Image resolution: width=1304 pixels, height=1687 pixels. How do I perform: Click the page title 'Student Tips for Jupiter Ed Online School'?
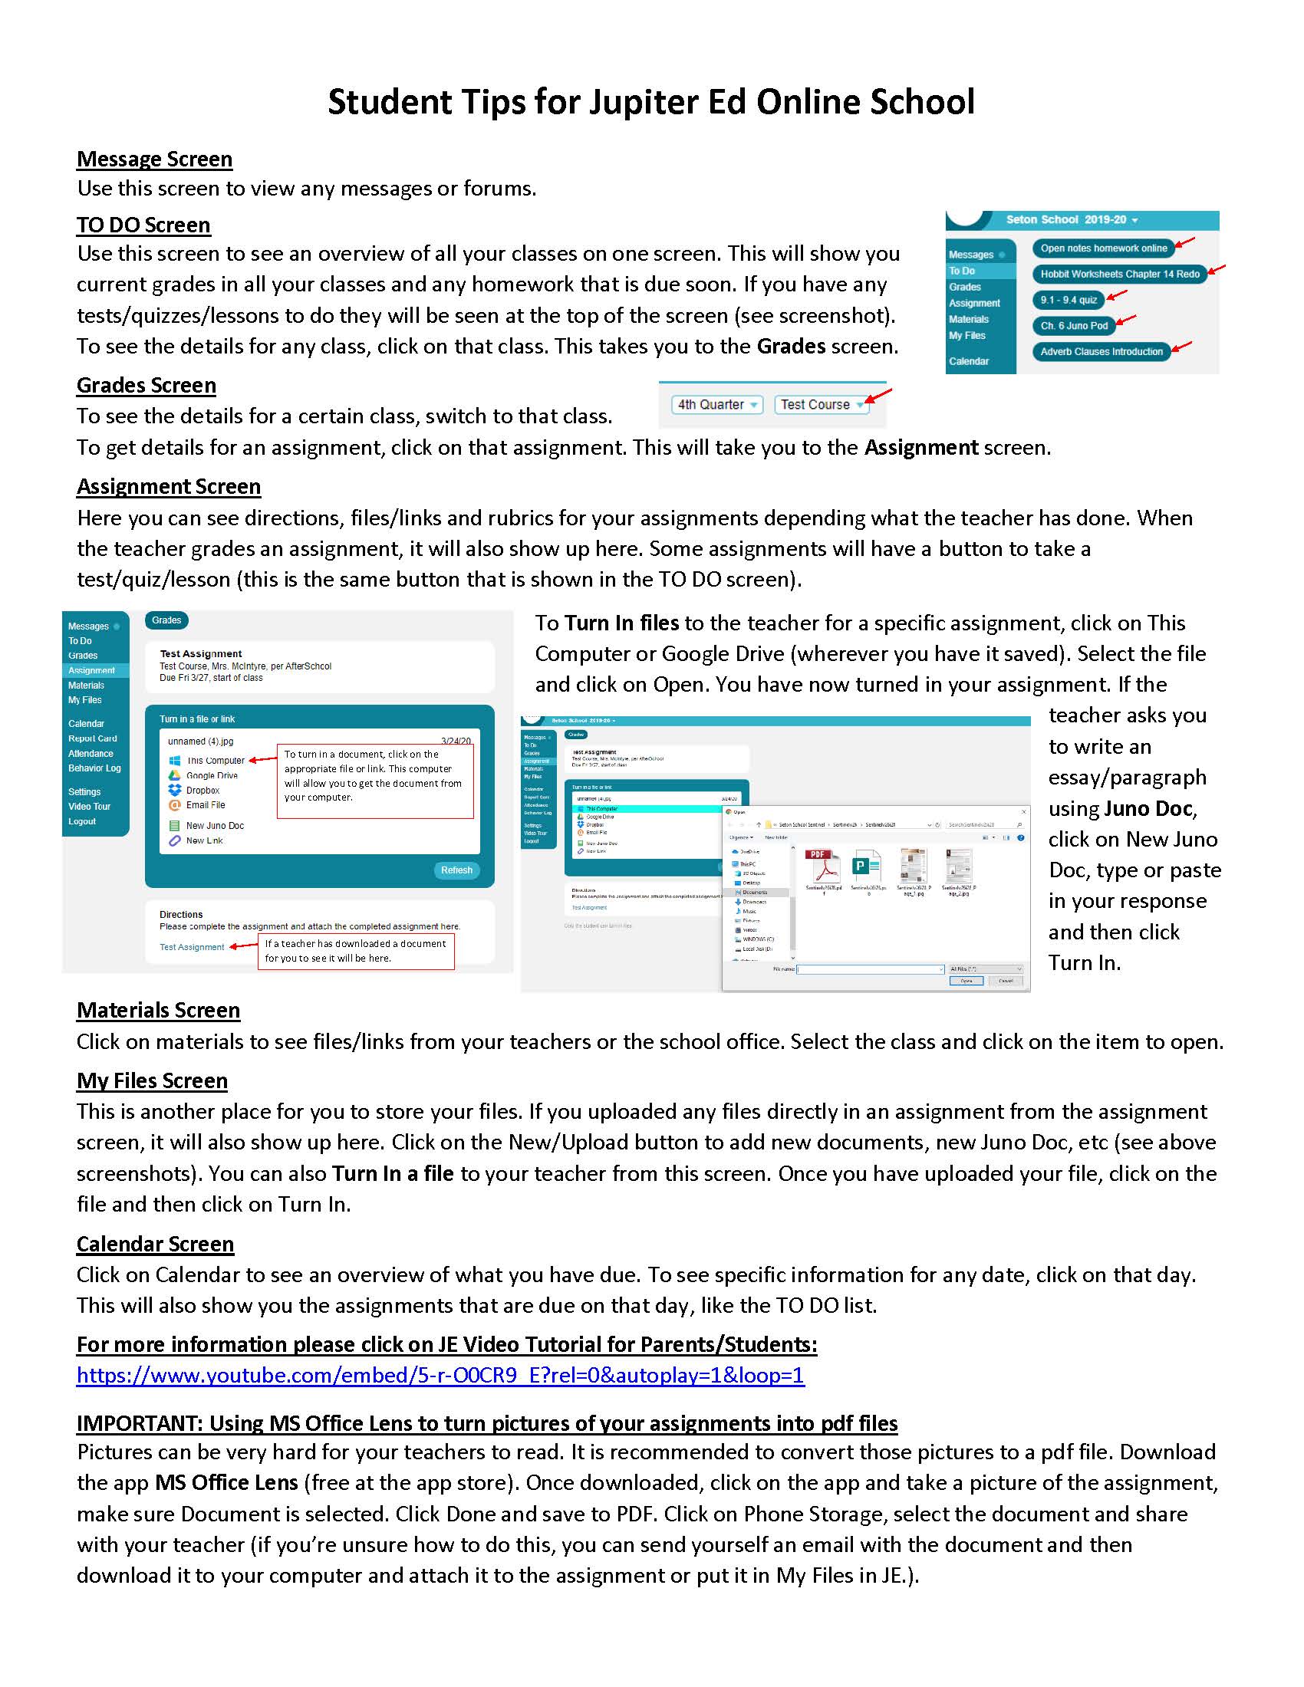pyautogui.click(x=651, y=102)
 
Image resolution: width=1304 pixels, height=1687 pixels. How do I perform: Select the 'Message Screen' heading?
pyautogui.click(x=153, y=159)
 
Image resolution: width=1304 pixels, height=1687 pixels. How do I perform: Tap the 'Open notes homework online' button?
pyautogui.click(x=1102, y=248)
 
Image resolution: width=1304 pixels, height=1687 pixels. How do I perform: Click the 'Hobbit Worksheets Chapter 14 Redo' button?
pyautogui.click(x=1118, y=275)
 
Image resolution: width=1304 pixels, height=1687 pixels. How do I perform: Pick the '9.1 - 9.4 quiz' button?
pyautogui.click(x=1068, y=300)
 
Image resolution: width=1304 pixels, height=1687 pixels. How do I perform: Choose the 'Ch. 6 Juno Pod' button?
pyautogui.click(x=1073, y=325)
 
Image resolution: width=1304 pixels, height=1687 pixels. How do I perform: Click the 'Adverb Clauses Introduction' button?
pyautogui.click(x=1101, y=351)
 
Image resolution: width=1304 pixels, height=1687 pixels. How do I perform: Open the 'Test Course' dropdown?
pyautogui.click(x=822, y=404)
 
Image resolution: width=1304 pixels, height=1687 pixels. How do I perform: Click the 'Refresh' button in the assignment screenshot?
pyautogui.click(x=456, y=870)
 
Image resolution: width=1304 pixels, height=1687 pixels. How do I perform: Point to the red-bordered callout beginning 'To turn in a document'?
pyautogui.click(x=374, y=780)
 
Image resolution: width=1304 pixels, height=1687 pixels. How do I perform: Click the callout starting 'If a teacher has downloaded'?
pyautogui.click(x=355, y=951)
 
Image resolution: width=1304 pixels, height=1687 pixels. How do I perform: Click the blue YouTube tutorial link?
pyautogui.click(x=440, y=1375)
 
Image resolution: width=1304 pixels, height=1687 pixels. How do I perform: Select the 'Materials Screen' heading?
pyautogui.click(x=157, y=1011)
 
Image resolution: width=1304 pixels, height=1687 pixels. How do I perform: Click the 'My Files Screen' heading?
pyautogui.click(x=151, y=1080)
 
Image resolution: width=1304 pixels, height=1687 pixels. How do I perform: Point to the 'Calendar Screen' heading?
pyautogui.click(x=154, y=1244)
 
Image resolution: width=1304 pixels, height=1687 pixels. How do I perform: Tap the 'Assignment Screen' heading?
pyautogui.click(x=169, y=487)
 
